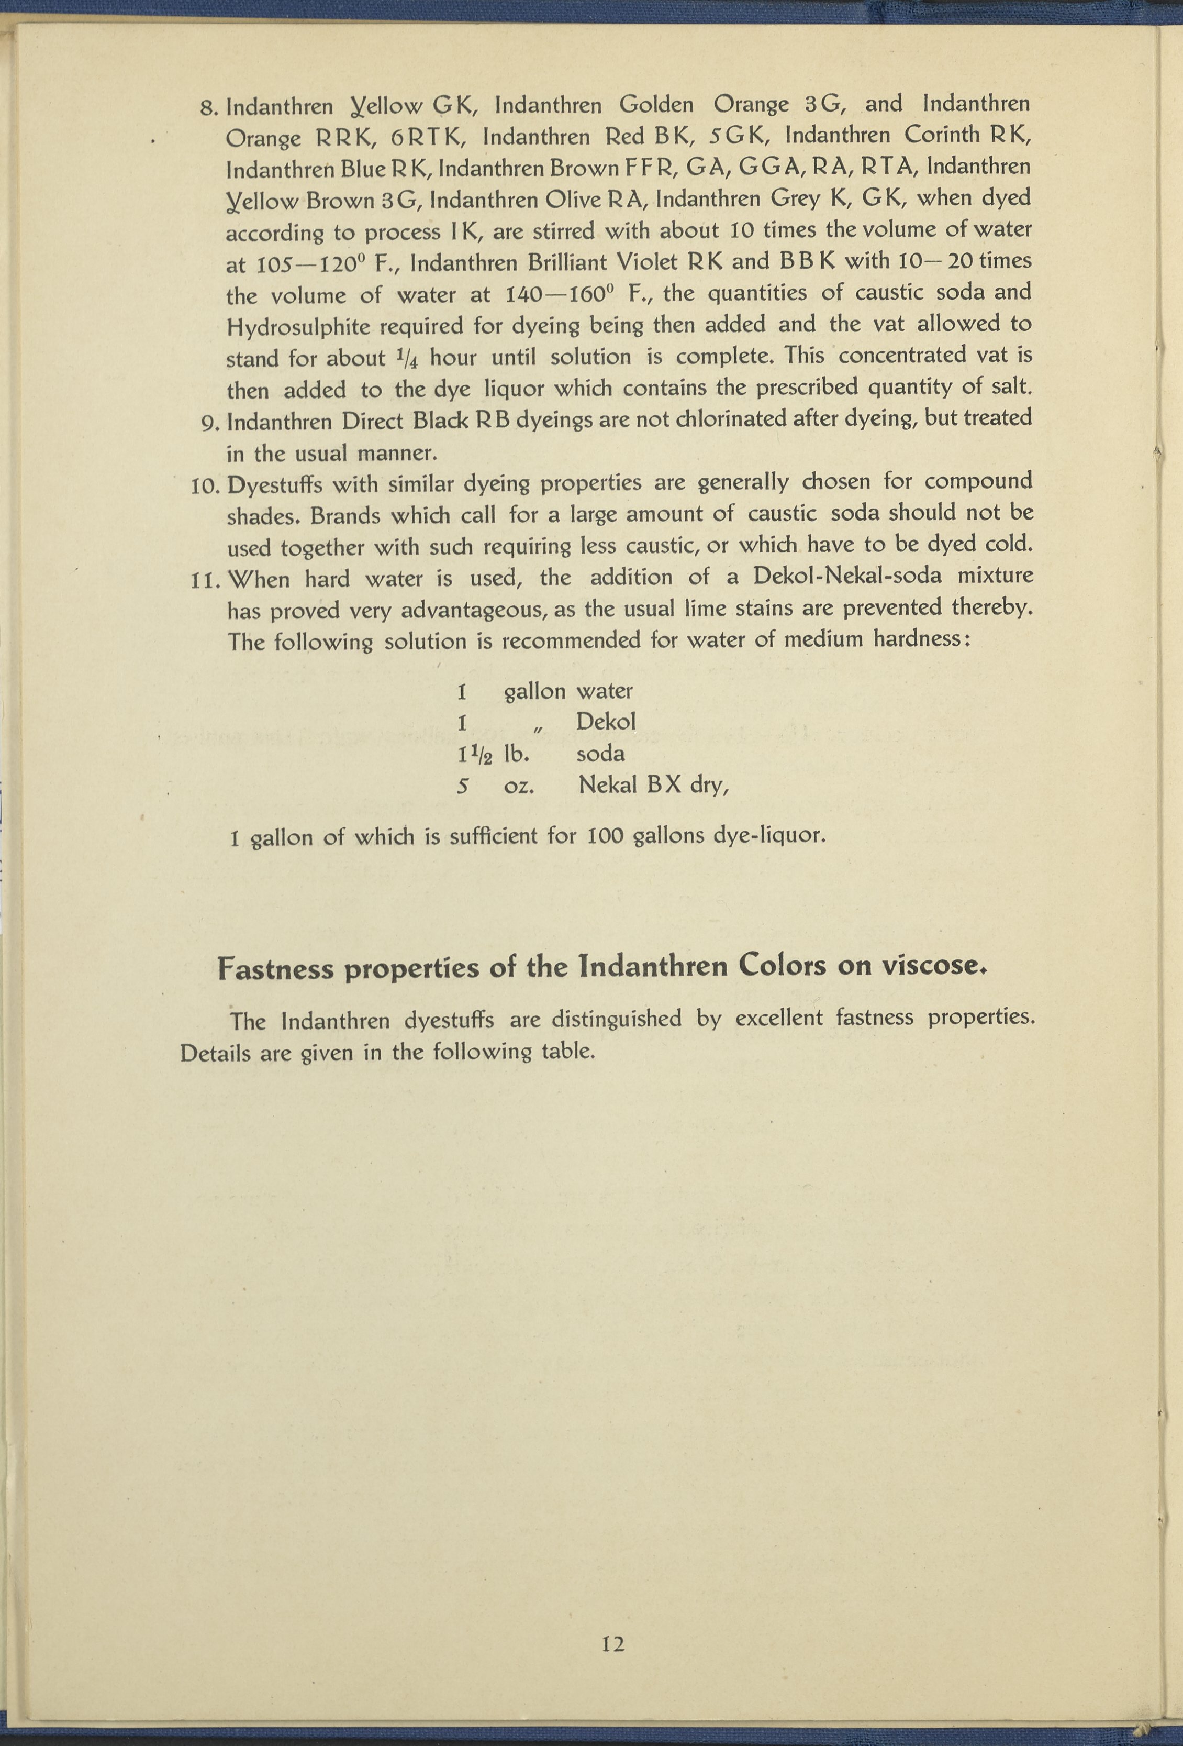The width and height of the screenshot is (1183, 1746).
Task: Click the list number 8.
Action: tap(209, 107)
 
